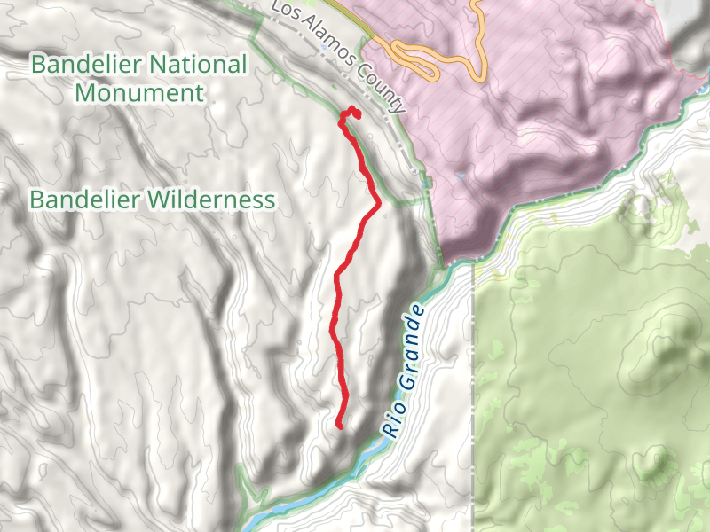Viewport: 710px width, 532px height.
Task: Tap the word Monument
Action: click(139, 92)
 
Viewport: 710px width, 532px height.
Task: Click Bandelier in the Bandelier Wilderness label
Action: click(84, 199)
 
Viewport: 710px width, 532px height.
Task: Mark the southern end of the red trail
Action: click(340, 426)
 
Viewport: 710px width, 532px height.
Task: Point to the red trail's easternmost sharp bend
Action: click(379, 203)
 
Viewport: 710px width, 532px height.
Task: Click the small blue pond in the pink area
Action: click(460, 176)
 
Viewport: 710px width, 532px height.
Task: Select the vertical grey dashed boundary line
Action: click(474, 399)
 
